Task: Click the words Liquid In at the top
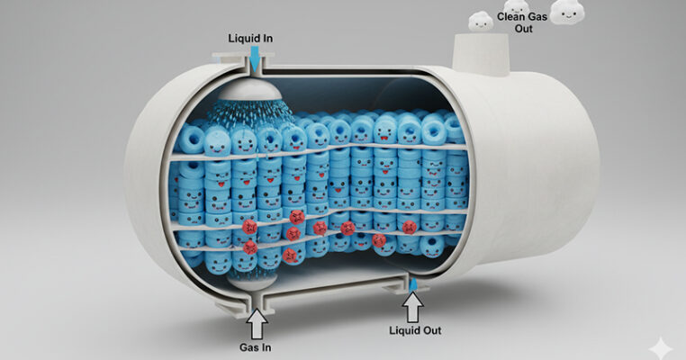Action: click(251, 39)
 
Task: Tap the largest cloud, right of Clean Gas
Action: click(567, 11)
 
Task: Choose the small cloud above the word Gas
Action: click(516, 7)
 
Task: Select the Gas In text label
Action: click(256, 346)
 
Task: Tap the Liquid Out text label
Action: click(412, 330)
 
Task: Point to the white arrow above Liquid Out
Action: click(413, 309)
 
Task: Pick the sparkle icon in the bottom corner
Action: click(662, 346)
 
